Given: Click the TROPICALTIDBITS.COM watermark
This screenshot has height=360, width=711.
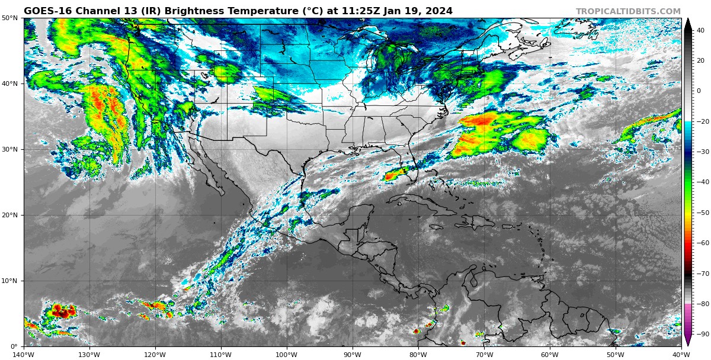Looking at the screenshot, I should [628, 11].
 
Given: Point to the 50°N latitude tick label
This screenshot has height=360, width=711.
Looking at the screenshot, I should [9, 18].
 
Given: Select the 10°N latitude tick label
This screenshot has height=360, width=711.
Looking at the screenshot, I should [9, 281].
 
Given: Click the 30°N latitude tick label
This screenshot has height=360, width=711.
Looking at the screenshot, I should [9, 149].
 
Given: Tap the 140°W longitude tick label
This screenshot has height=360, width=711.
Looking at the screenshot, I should [24, 355].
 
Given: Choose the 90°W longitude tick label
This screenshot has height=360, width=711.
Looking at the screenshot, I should [353, 355].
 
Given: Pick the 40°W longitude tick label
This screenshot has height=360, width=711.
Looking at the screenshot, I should [681, 355].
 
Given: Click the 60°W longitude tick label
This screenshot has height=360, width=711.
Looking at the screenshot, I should [550, 355].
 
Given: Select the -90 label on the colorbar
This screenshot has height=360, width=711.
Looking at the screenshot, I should [702, 334].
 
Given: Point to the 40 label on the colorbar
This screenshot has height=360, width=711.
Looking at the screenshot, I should [700, 30].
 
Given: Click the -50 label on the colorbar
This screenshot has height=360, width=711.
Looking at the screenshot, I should [702, 213].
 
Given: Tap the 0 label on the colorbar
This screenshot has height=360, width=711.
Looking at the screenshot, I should [699, 91].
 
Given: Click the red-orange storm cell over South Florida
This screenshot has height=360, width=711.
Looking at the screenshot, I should [393, 175].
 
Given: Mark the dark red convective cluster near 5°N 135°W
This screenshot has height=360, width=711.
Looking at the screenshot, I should [61, 310].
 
